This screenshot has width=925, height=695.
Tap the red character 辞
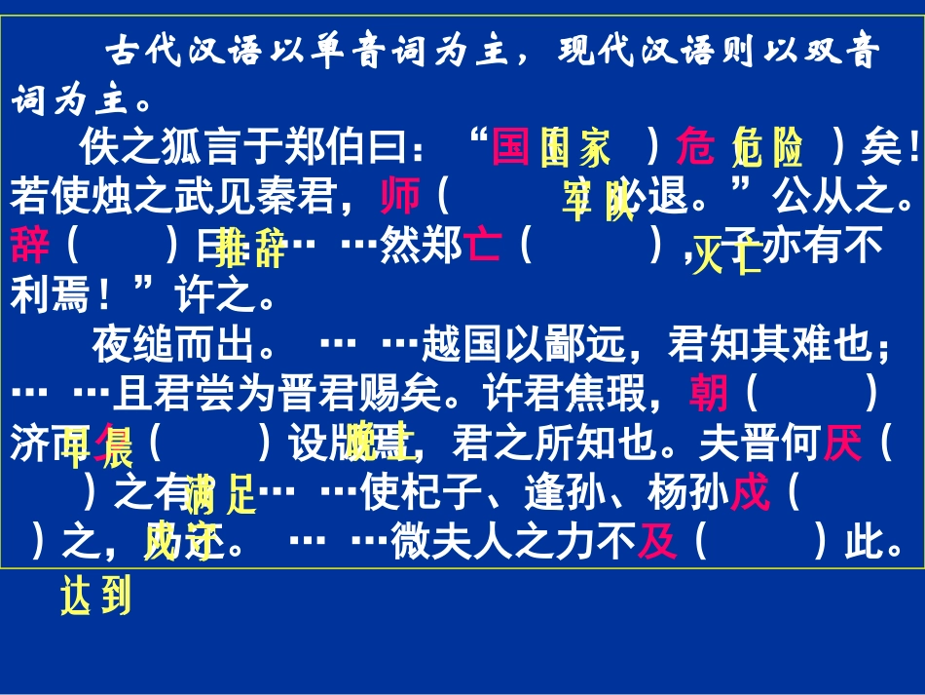point(30,245)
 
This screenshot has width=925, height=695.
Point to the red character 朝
point(708,394)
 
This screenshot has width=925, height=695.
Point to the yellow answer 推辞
point(251,249)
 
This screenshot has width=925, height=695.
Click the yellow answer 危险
point(768,149)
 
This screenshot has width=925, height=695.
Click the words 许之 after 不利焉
point(214,294)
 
